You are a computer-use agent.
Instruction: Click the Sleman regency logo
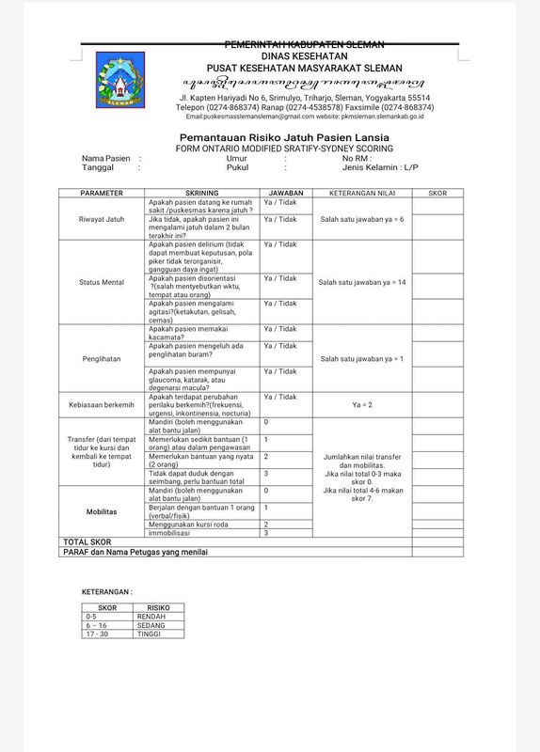[120, 79]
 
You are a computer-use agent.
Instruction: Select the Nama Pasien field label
[105, 158]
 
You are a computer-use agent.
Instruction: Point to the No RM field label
[357, 158]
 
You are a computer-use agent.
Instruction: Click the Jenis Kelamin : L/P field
[379, 167]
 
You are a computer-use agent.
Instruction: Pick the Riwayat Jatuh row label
[102, 219]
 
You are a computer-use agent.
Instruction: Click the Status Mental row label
[102, 282]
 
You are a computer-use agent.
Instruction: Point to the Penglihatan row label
[102, 358]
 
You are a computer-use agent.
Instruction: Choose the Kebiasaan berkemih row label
[102, 406]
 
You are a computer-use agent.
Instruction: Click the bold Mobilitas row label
[102, 513]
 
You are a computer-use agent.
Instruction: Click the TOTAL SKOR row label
[87, 542]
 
